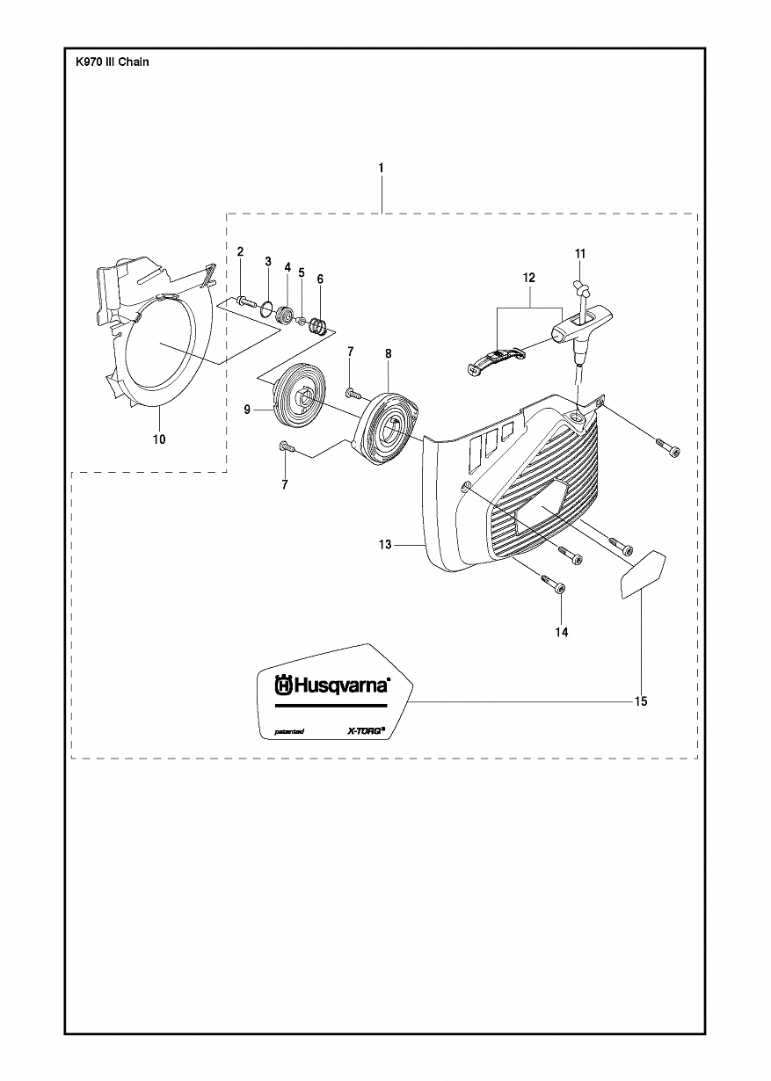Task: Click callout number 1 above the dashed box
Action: pos(381,169)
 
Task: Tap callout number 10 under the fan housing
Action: pos(159,439)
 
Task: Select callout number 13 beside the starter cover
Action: pos(385,545)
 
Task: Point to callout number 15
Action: pos(641,700)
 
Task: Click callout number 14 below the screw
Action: pos(562,632)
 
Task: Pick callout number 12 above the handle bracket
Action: pos(529,278)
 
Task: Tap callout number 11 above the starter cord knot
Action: pos(580,253)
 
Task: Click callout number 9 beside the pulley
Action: pos(247,410)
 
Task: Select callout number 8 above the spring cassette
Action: pos(389,353)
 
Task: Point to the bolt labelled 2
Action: pos(244,301)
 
